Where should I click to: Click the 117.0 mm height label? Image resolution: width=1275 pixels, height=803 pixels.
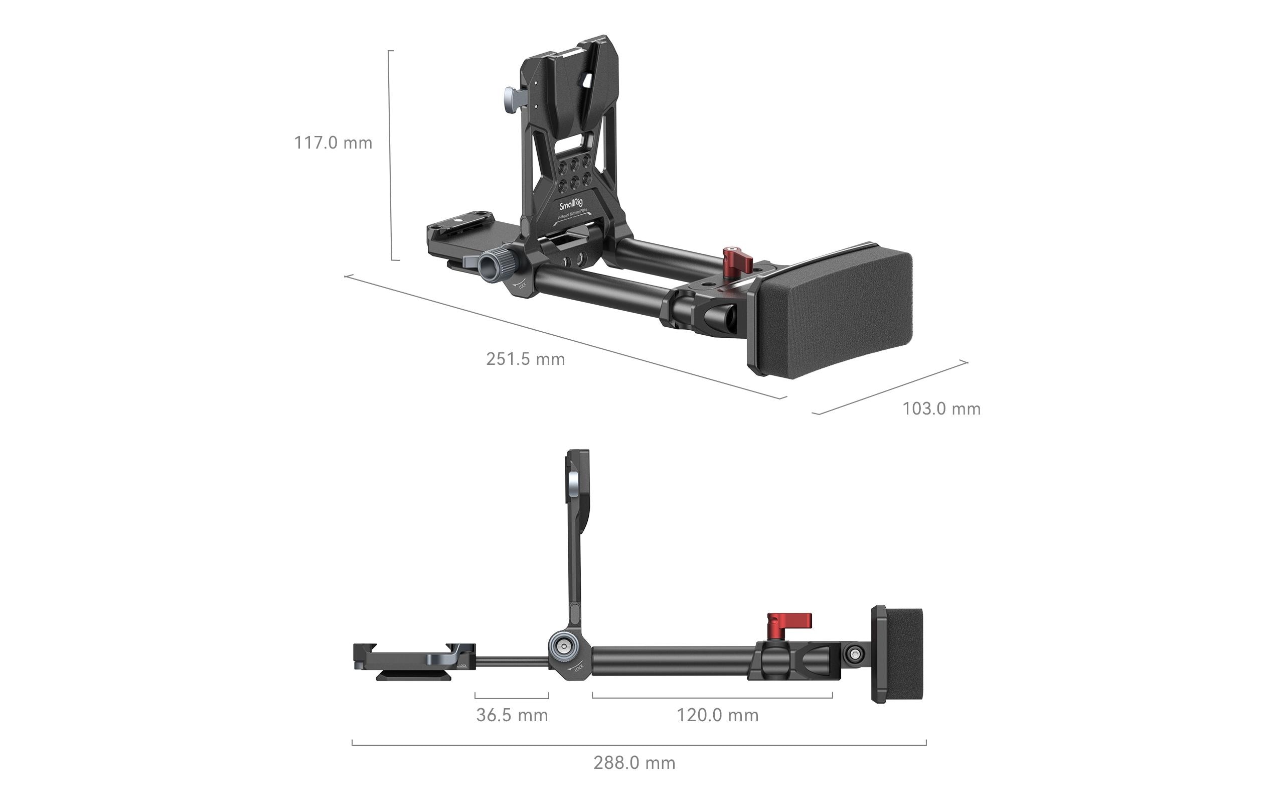pyautogui.click(x=333, y=143)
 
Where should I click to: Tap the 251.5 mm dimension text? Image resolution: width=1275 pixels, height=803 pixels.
pyautogui.click(x=525, y=359)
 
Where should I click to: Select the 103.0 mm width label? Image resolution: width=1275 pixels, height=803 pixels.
pyautogui.click(x=941, y=409)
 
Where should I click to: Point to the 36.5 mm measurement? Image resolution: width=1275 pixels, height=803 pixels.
pyautogui.click(x=512, y=715)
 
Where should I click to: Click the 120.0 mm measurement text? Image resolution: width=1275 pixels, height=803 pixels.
pyautogui.click(x=717, y=715)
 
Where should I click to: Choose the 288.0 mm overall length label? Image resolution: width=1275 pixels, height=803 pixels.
pyautogui.click(x=634, y=763)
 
